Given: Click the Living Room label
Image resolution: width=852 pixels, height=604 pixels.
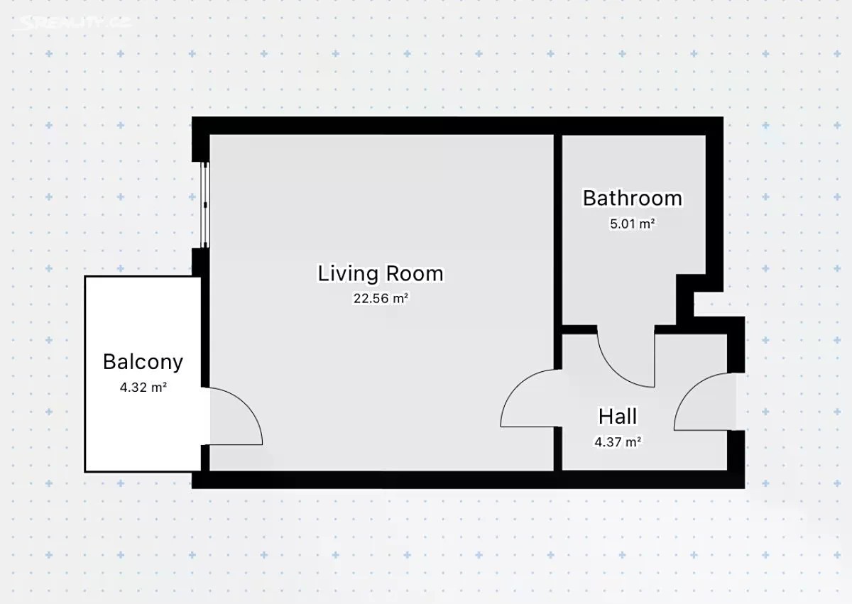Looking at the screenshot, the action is pyautogui.click(x=381, y=273).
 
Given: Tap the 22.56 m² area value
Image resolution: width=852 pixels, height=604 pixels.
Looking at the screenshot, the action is pyautogui.click(x=381, y=298).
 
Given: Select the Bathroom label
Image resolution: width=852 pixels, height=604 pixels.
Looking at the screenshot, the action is pyautogui.click(x=633, y=198).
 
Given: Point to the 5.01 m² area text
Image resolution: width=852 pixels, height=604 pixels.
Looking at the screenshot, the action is pyautogui.click(x=632, y=224).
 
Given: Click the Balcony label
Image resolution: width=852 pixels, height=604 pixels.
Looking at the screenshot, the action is pyautogui.click(x=143, y=361).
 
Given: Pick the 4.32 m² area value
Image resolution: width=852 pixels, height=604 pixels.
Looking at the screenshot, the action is pyautogui.click(x=143, y=388).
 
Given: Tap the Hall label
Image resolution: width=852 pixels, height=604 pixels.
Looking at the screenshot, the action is pyautogui.click(x=618, y=416).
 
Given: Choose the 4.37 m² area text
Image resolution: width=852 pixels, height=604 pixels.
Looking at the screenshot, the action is pyautogui.click(x=618, y=442).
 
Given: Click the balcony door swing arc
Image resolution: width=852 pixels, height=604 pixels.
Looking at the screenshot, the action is pyautogui.click(x=246, y=403).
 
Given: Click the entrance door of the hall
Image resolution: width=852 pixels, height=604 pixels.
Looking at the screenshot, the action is pyautogui.click(x=688, y=392).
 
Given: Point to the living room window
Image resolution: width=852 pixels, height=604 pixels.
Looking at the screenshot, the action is pyautogui.click(x=205, y=205).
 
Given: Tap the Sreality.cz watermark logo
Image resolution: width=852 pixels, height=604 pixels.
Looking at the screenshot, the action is pyautogui.click(x=72, y=23).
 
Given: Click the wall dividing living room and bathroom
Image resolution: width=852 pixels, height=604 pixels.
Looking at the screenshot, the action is pyautogui.click(x=558, y=251).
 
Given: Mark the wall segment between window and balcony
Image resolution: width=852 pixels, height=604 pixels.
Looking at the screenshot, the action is pyautogui.click(x=200, y=263).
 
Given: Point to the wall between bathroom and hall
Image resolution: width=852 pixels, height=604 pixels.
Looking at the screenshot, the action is pyautogui.click(x=579, y=329).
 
